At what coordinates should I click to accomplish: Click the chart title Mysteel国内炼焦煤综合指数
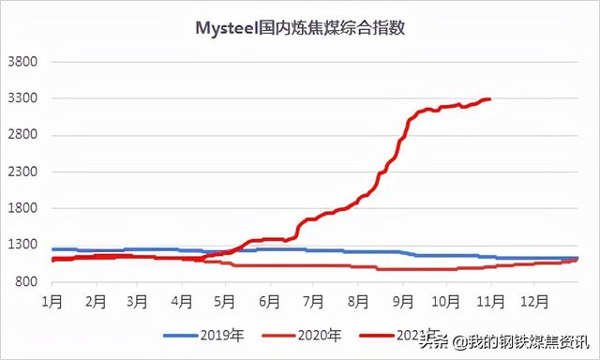(x=300, y=28)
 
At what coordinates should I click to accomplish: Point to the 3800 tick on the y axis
(x=22, y=62)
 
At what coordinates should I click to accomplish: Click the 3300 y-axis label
(x=22, y=98)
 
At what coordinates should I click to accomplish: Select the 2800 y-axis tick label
(x=22, y=135)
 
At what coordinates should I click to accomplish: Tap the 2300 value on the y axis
(x=22, y=172)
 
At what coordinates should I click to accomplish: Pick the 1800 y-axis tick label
(x=22, y=208)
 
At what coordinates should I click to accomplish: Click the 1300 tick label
(x=22, y=245)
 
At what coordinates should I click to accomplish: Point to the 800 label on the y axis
(x=25, y=281)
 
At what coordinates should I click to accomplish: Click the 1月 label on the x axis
(x=52, y=302)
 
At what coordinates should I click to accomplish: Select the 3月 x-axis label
(x=138, y=302)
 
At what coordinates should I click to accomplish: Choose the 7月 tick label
(x=314, y=302)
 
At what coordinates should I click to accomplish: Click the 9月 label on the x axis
(x=403, y=302)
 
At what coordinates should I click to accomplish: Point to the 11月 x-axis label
(x=490, y=302)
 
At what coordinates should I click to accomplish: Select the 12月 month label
(x=535, y=302)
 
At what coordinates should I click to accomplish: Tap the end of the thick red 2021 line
(x=490, y=99)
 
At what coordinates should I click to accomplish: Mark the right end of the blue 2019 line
(x=577, y=258)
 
